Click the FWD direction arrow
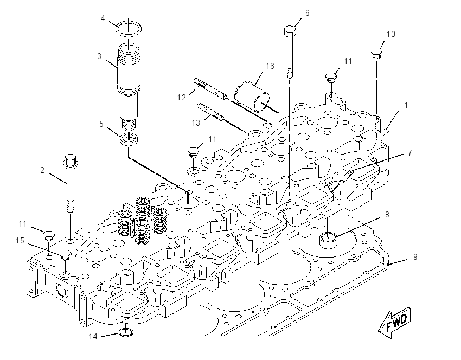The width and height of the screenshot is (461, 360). tap(395, 323)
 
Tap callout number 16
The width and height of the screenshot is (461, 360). tap(270, 66)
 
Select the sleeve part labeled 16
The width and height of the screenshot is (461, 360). tap(252, 96)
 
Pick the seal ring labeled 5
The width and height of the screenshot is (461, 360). tap(129, 138)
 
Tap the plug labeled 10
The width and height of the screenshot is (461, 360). tap(376, 54)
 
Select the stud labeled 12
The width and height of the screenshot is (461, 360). tap(210, 89)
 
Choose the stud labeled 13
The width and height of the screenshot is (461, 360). tap(211, 114)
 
